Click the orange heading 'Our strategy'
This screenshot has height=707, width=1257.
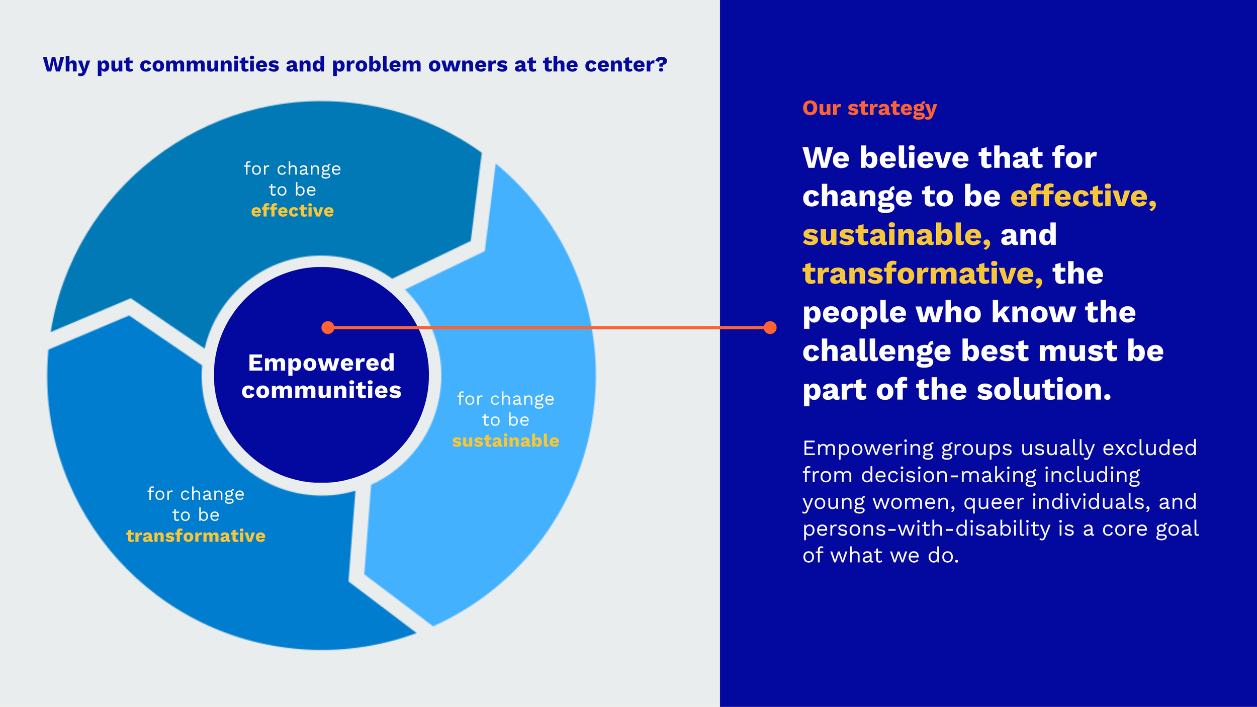click(x=869, y=109)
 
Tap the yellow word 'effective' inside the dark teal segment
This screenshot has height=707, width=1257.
click(x=292, y=210)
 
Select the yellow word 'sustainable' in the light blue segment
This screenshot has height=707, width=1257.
click(x=505, y=440)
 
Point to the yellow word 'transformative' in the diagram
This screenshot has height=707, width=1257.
click(x=196, y=536)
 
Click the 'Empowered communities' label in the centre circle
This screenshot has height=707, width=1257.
click(x=321, y=376)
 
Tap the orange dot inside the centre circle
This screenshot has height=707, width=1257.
click(x=328, y=328)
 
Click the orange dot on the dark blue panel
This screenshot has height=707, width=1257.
click(x=770, y=328)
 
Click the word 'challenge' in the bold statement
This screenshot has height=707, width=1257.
click(x=877, y=351)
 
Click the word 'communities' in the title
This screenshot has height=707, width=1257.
click(x=209, y=64)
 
